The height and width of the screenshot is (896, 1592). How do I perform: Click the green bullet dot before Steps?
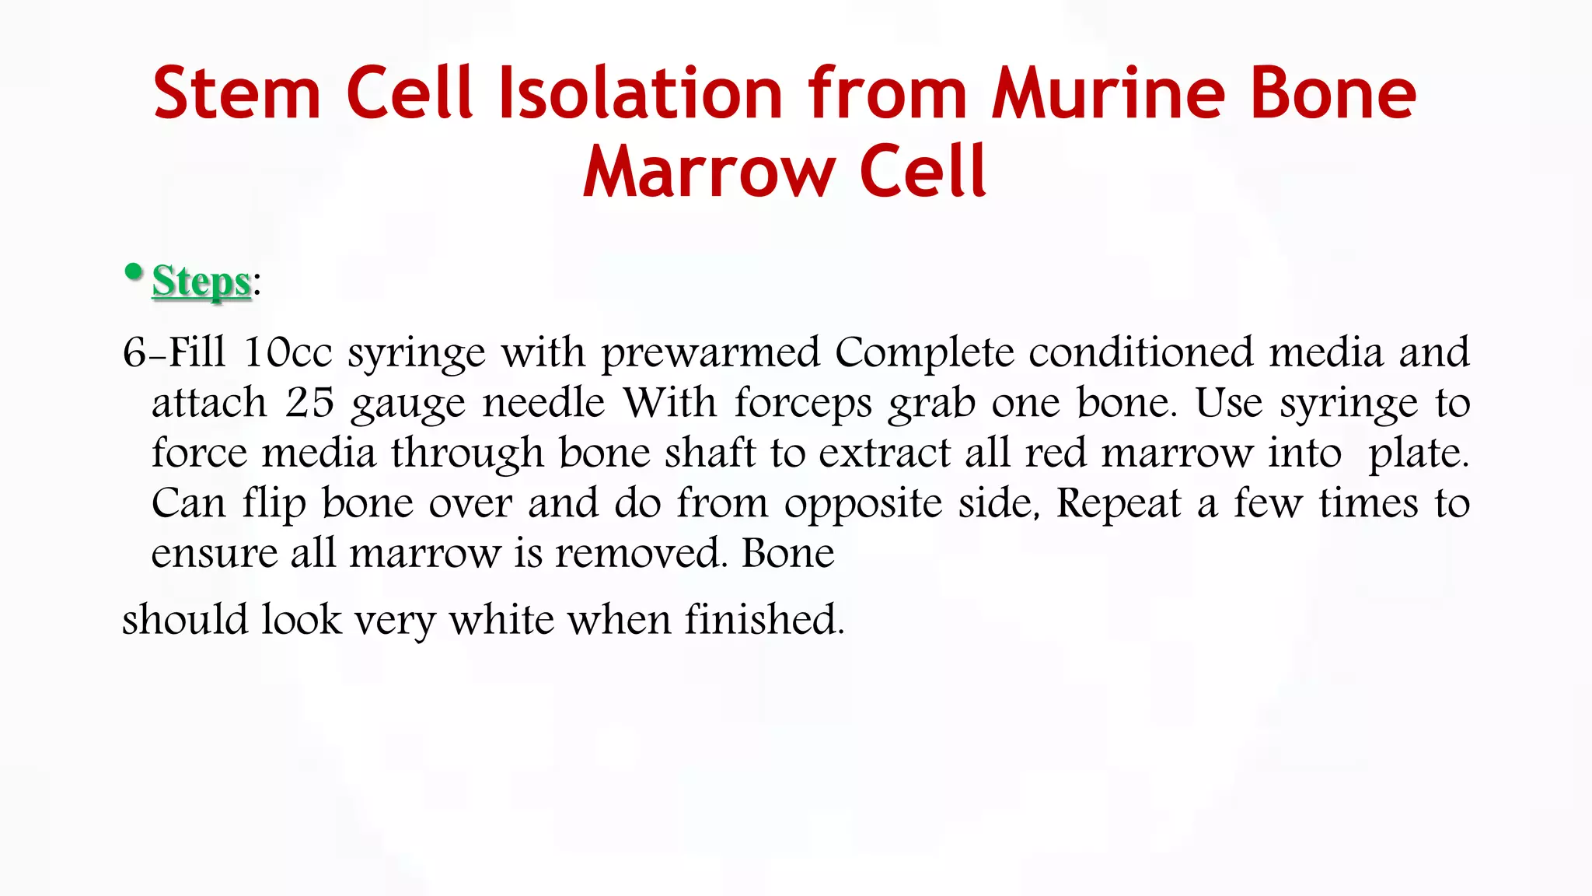(134, 271)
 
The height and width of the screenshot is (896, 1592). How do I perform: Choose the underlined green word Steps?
(201, 281)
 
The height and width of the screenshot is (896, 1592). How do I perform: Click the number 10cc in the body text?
(288, 352)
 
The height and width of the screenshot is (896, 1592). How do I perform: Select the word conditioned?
(1140, 352)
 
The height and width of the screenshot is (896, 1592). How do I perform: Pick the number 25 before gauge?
(309, 403)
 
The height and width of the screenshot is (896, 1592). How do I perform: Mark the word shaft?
(710, 453)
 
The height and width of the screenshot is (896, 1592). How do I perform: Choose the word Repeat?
(1119, 504)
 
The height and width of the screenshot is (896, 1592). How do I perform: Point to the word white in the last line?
(502, 620)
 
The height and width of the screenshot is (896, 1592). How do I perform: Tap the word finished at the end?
(763, 620)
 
